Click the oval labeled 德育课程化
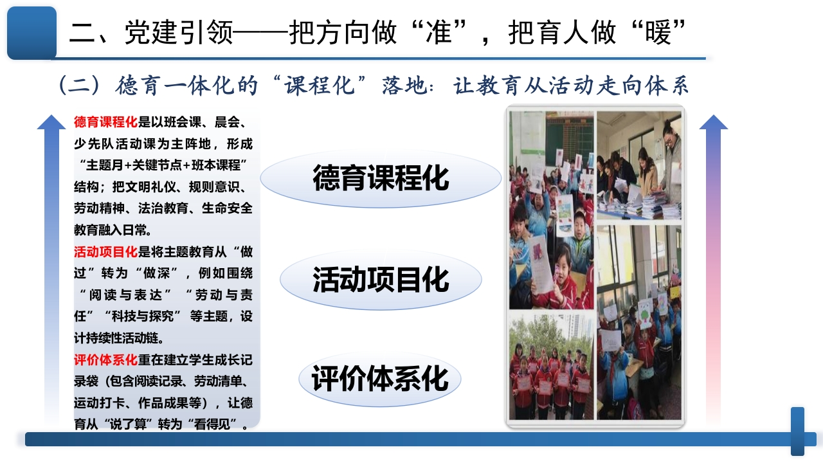tap(381, 179)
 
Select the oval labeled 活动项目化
tap(381, 280)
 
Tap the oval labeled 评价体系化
tap(380, 379)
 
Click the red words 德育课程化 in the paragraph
tap(106, 122)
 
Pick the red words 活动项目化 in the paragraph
tap(106, 252)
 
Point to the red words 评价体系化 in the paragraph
tap(106, 360)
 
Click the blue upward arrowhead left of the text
tap(51, 122)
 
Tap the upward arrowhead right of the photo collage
tap(714, 122)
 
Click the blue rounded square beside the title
tap(32, 33)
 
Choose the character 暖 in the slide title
tap(658, 32)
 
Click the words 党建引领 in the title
tap(179, 32)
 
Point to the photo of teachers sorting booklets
tap(639, 165)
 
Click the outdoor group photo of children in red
tap(551, 366)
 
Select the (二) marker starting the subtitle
tap(79, 86)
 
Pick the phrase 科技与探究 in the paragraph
tap(143, 316)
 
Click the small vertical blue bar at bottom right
tap(798, 431)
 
